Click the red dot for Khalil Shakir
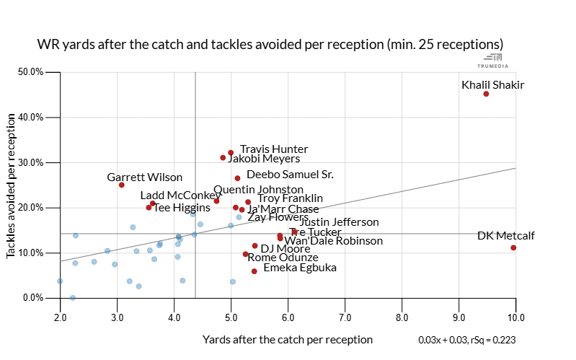(x=486, y=94)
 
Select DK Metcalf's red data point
(x=513, y=247)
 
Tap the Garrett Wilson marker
(x=122, y=185)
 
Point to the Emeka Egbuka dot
(x=254, y=271)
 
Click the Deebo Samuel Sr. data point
(x=237, y=178)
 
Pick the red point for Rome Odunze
(x=246, y=254)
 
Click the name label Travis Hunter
(x=273, y=149)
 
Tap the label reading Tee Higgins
(x=182, y=208)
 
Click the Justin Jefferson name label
(x=339, y=222)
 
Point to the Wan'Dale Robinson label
(x=333, y=241)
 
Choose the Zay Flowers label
(x=278, y=217)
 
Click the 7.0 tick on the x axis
(x=345, y=317)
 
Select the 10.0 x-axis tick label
(x=515, y=317)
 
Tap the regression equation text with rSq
(x=467, y=340)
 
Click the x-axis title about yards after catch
(x=288, y=339)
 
